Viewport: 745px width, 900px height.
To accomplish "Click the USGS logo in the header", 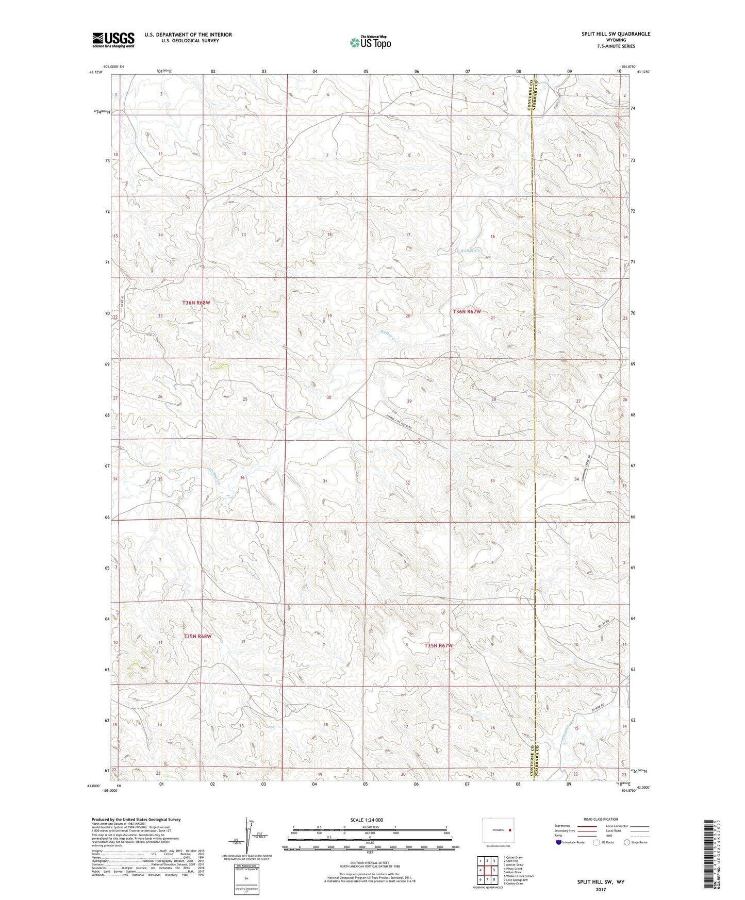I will [x=113, y=40].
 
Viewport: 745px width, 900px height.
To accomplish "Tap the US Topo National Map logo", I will [x=370, y=42].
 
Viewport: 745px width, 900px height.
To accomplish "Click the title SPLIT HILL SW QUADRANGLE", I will [x=616, y=34].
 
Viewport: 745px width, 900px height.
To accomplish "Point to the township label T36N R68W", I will [x=196, y=303].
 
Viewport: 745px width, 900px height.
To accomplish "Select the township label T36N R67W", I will [x=467, y=311].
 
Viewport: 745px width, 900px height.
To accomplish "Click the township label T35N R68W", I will [x=197, y=637].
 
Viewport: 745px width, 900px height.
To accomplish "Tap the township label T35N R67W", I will [x=438, y=645].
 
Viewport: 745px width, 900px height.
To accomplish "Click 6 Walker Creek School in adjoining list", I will [x=519, y=876].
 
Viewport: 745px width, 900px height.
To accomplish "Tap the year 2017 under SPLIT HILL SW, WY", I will [x=600, y=889].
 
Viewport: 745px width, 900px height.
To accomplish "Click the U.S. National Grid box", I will [x=246, y=877].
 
